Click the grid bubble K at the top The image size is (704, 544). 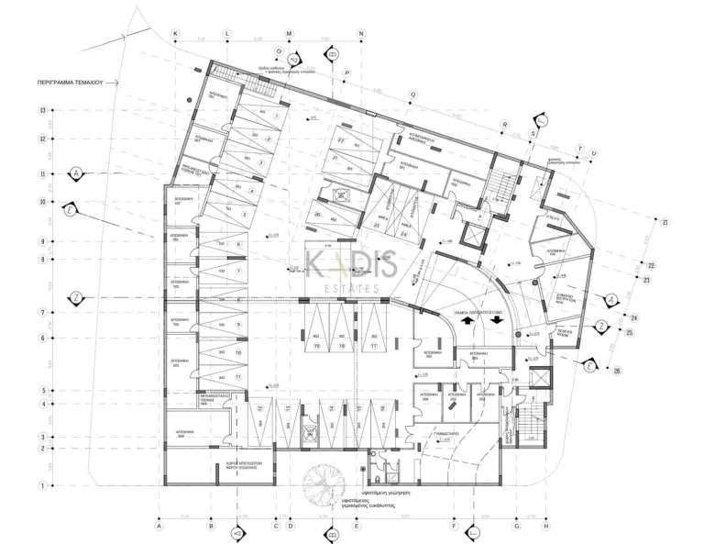pyautogui.click(x=176, y=33)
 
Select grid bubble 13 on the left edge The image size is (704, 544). pyautogui.click(x=42, y=110)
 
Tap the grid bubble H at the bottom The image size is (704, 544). pyautogui.click(x=546, y=527)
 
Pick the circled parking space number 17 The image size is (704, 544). pyautogui.click(x=373, y=346)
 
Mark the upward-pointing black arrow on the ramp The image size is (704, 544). pyautogui.click(x=465, y=321)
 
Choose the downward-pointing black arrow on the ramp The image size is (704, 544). pyautogui.click(x=498, y=321)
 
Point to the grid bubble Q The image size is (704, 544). pyautogui.click(x=413, y=94)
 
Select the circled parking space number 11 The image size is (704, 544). pyautogui.click(x=238, y=376)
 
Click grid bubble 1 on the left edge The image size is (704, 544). pyautogui.click(x=42, y=486)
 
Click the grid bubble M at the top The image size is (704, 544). pyautogui.click(x=290, y=33)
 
